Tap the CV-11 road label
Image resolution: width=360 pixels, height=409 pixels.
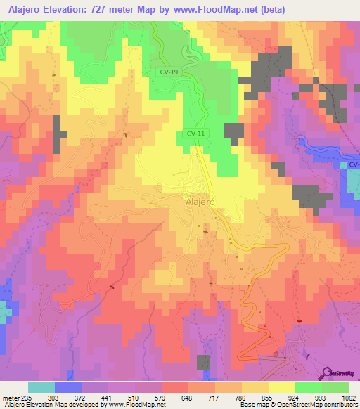[196, 132]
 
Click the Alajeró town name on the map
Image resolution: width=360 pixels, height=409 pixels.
[201, 200]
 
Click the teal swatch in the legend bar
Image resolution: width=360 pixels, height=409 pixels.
[41, 387]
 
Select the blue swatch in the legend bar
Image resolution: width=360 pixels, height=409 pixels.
[68, 387]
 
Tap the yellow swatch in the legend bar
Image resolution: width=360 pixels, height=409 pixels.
[282, 387]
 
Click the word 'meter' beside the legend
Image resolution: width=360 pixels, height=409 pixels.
[10, 397]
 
